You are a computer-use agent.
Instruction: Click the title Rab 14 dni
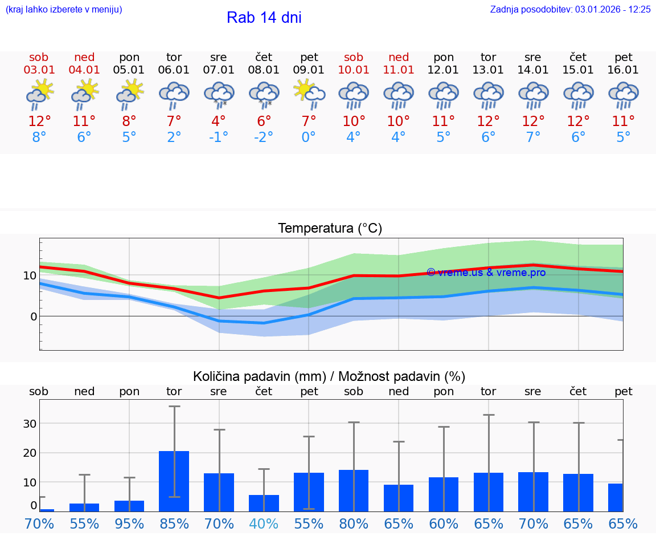tap(264, 18)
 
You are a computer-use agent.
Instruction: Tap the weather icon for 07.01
tap(219, 95)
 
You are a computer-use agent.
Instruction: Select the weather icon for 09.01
tap(309, 94)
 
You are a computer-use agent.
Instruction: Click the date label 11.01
tap(399, 70)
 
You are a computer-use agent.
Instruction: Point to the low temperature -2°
tap(264, 137)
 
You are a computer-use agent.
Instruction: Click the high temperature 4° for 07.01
tap(219, 121)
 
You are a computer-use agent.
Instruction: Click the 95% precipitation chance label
tap(129, 524)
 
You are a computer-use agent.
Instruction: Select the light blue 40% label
tap(264, 524)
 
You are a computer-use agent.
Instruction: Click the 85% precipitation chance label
tap(174, 524)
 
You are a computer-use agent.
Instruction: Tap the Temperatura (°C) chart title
tap(330, 229)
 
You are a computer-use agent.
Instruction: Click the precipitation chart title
tap(329, 376)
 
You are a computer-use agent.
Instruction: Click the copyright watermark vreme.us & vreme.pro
tap(486, 273)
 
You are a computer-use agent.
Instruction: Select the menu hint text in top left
tap(64, 10)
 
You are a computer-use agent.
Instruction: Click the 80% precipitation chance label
tap(354, 524)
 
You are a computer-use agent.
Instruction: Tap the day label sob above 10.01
tap(354, 58)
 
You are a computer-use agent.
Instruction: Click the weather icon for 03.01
tap(39, 95)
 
